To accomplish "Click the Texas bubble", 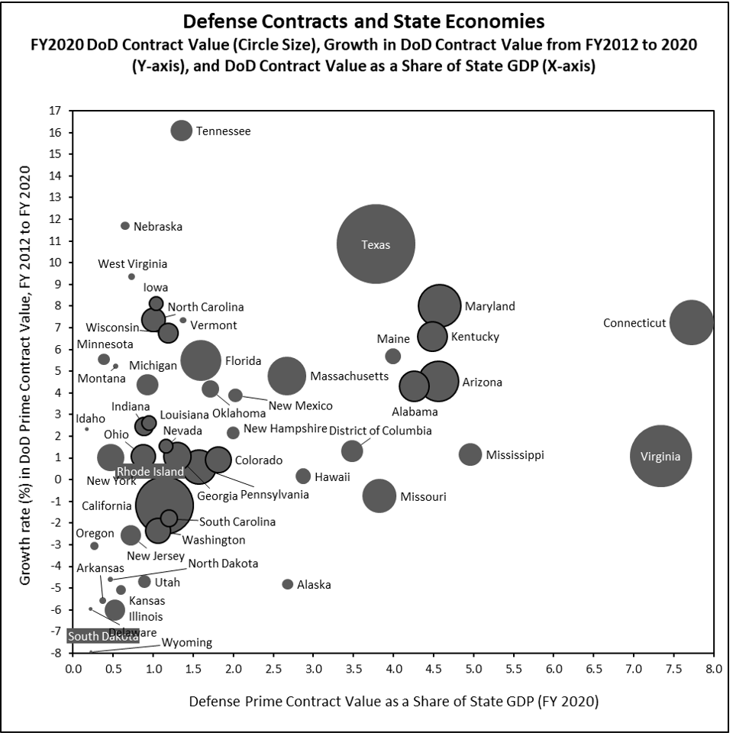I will point(376,244).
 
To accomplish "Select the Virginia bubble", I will point(660,456).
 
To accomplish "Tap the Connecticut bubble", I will point(692,323).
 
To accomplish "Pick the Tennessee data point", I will point(181,131).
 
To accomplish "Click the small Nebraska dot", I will point(125,226).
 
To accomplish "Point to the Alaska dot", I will point(288,584).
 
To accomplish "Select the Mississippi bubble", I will point(470,454).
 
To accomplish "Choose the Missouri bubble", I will point(379,496).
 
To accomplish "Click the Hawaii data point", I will point(303,476).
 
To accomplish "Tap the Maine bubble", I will point(393,356).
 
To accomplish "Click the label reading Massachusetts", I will point(349,376).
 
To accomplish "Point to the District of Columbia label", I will point(380,431).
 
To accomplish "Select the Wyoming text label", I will point(187,643).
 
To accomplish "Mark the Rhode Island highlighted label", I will point(150,471).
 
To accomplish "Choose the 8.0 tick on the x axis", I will point(714,670).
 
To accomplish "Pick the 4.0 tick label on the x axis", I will point(393,670).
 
